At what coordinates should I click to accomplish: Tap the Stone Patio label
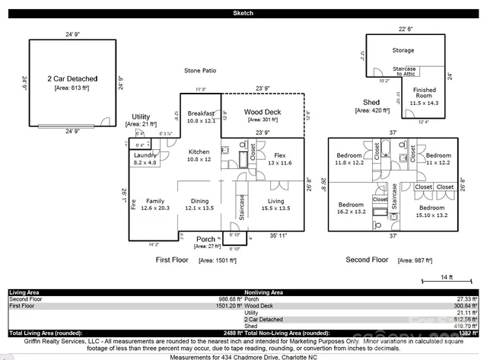200,71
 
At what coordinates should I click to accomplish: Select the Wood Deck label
263,113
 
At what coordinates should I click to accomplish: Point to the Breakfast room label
201,113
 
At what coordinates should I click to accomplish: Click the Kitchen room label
199,151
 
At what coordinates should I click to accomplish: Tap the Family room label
154,201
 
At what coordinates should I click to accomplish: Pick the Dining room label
199,201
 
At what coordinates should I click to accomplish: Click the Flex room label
279,155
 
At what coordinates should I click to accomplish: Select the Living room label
275,201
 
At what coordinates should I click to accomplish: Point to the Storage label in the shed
403,50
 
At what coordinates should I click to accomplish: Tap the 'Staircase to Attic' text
403,70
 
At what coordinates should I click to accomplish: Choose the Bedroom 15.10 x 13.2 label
431,207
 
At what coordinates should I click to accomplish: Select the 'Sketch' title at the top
243,14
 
